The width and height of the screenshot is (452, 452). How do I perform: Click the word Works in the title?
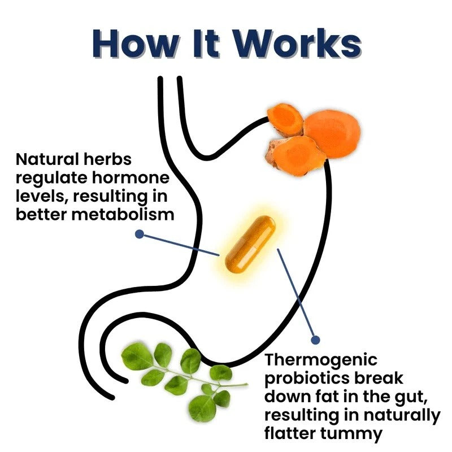tap(297, 44)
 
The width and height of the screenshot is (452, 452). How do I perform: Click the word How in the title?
tap(135, 44)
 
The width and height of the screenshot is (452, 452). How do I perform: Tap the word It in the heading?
tap(206, 44)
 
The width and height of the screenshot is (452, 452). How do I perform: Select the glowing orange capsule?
tap(250, 245)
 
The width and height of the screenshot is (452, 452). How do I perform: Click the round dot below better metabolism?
tap(140, 234)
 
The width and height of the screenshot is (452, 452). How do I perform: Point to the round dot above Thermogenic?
tap(316, 340)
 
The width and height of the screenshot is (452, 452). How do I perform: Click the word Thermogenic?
tap(321, 360)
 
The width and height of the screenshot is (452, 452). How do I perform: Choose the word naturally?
tap(402, 416)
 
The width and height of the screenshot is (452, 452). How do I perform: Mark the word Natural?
tap(47, 159)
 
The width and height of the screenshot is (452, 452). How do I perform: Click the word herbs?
tap(107, 159)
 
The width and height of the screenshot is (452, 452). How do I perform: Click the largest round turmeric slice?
tap(332, 134)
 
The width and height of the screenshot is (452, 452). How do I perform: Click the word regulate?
tap(51, 179)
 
